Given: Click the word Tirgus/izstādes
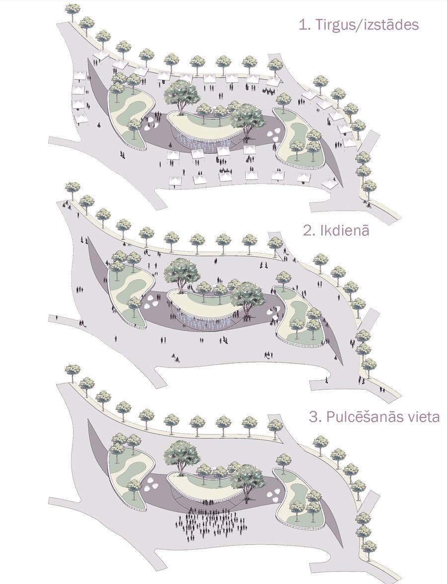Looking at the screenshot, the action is (367, 25).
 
